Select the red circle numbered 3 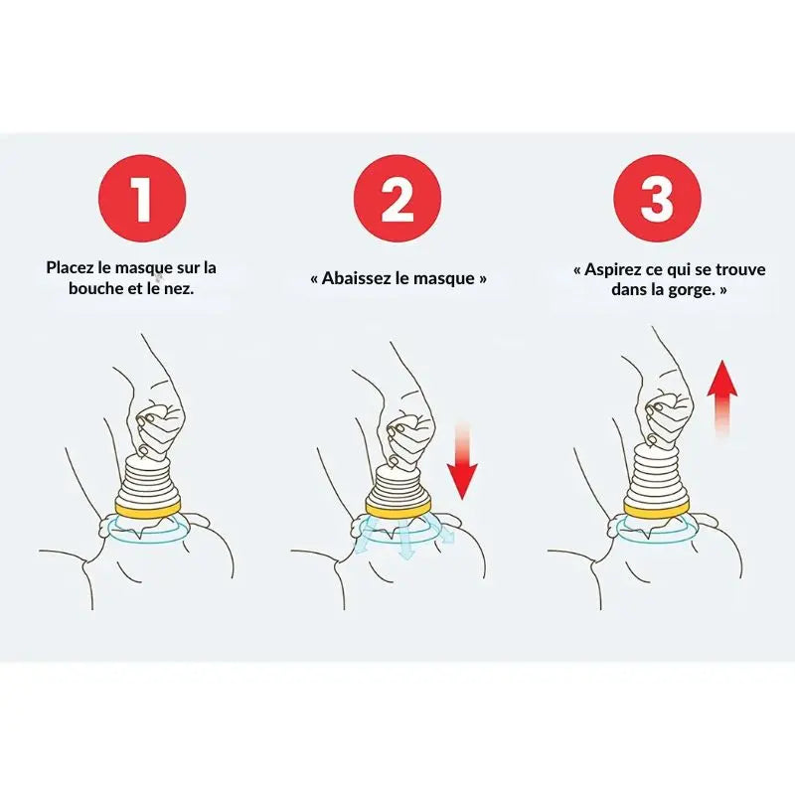click(656, 199)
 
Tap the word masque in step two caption click(448, 278)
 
